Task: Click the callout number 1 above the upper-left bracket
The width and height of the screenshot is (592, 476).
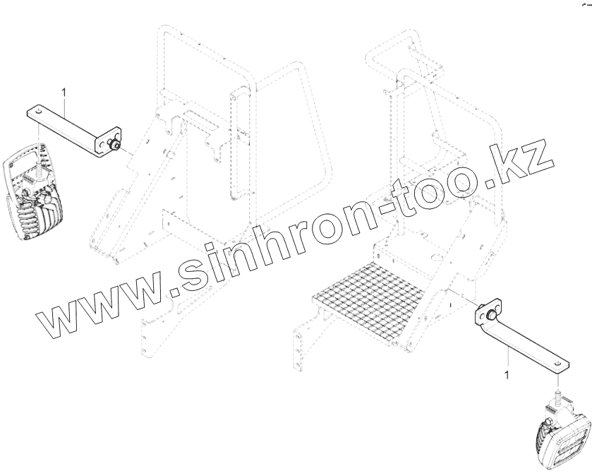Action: click(x=64, y=93)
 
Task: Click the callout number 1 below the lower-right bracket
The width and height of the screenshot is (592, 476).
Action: click(x=505, y=371)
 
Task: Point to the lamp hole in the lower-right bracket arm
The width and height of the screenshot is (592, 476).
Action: click(x=558, y=362)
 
